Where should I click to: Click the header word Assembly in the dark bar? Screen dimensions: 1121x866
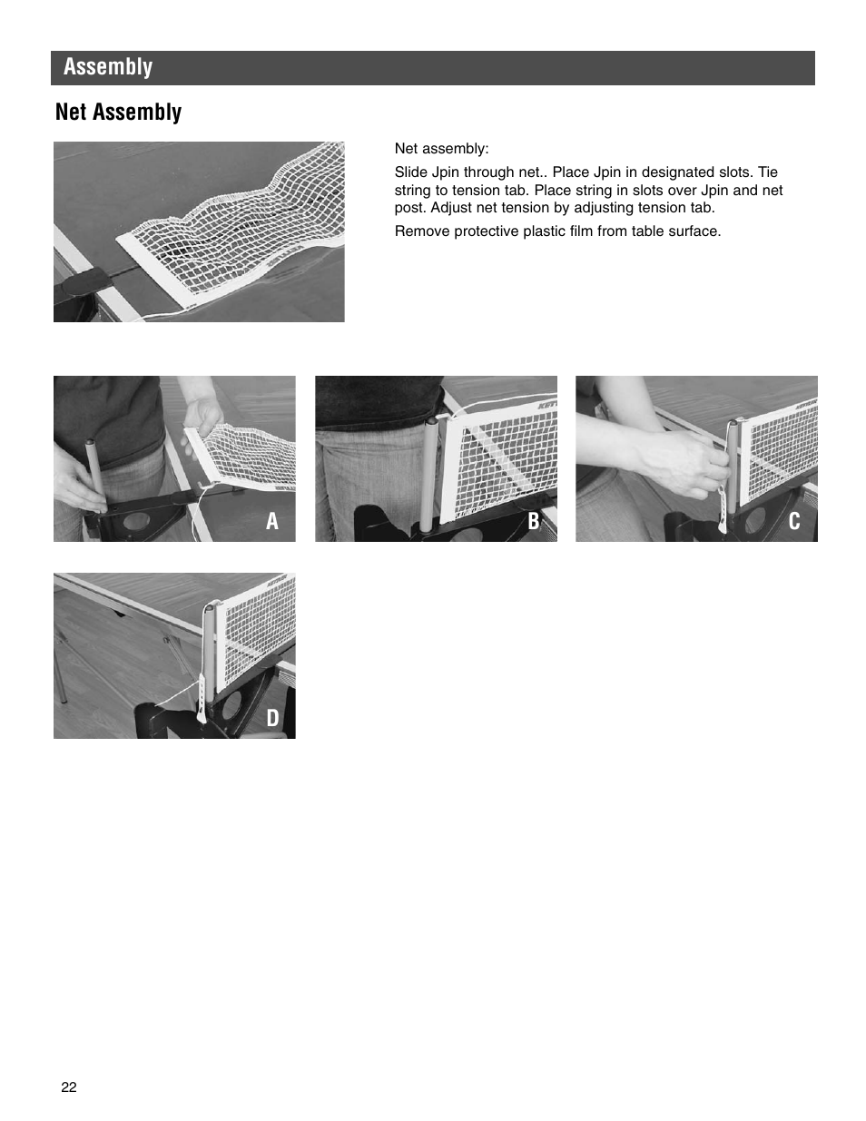108,67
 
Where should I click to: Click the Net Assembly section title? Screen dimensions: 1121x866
118,112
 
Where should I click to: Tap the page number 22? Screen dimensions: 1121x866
69,1087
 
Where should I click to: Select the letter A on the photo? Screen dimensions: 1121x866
271,521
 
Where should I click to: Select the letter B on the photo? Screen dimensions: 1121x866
533,521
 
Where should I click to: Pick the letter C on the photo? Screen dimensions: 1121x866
794,521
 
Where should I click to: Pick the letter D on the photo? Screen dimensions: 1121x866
271,718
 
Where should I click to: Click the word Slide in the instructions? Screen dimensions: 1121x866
410,172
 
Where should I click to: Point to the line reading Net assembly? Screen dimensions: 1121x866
441,149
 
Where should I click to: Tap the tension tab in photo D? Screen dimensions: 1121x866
202,699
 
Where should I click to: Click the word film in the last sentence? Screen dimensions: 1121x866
581,231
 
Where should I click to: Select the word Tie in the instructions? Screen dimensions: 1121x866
767,172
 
